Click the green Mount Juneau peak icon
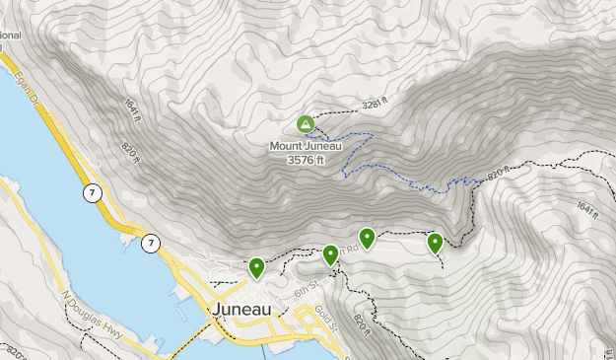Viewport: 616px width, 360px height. point(306,124)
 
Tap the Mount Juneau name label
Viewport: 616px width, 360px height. point(308,145)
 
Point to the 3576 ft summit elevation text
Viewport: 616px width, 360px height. point(307,159)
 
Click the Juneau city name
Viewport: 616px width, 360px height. point(241,309)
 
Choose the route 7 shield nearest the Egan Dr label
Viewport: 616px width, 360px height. point(91,193)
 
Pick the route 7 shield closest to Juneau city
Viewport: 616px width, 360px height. point(150,243)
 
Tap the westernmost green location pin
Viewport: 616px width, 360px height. point(256,266)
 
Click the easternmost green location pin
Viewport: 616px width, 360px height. point(435,243)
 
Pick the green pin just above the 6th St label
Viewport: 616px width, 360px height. point(330,254)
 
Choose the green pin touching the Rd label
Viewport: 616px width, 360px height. point(367,237)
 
